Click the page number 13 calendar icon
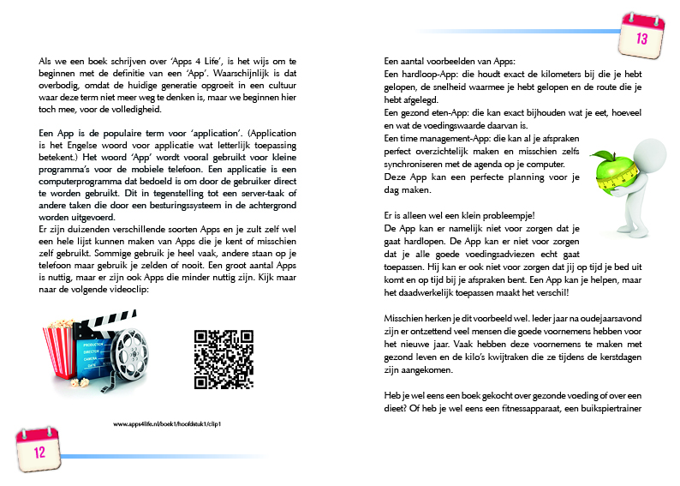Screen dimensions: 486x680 tap(642, 33)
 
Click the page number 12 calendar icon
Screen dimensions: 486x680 tap(39, 448)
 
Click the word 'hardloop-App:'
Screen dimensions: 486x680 tap(423, 75)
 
